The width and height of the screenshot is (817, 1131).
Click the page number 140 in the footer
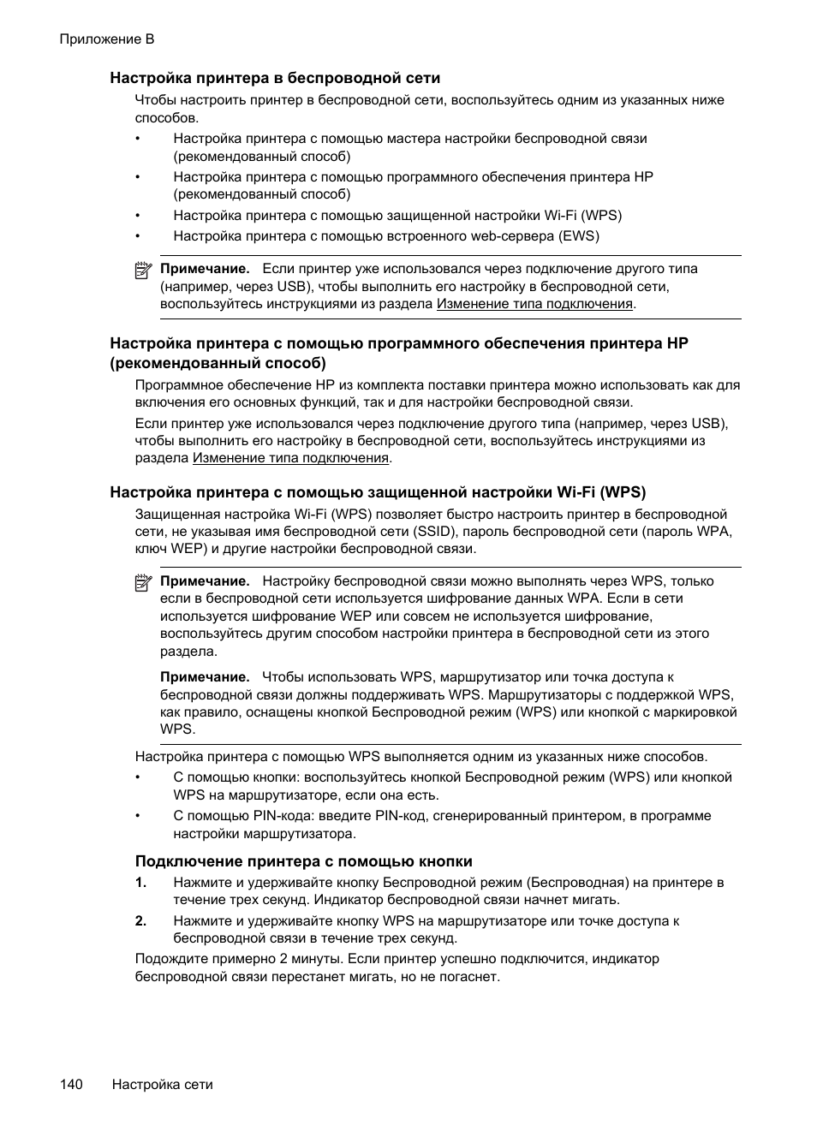point(71,1084)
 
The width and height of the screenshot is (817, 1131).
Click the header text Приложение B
point(107,39)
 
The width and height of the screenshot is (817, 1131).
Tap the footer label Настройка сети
point(163,1084)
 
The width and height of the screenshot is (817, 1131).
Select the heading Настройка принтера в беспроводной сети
point(274,78)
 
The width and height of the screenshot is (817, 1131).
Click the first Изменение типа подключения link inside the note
point(534,303)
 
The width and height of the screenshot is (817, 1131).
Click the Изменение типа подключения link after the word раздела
point(290,458)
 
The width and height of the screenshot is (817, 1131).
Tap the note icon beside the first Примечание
point(143,270)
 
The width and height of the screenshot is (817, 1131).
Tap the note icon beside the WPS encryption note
point(143,582)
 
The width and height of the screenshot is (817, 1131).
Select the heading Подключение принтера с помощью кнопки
point(304,861)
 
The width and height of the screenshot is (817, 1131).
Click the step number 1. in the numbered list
point(141,883)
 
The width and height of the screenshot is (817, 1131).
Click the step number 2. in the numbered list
point(141,921)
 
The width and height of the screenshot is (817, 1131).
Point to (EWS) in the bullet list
point(579,236)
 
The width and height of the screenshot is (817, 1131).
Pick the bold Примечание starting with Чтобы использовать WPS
point(205,677)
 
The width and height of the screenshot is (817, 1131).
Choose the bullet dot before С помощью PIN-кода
point(137,816)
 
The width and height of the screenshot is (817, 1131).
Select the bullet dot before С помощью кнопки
point(137,777)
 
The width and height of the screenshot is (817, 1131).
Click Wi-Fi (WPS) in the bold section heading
point(601,492)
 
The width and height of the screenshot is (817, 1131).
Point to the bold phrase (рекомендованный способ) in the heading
point(218,363)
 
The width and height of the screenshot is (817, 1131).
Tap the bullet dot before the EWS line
point(137,236)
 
